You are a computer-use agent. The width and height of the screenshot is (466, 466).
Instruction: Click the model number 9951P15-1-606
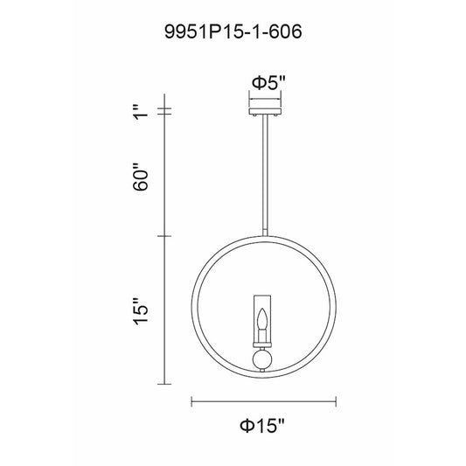point(233,31)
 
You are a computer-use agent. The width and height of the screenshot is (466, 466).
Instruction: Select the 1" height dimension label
point(141,112)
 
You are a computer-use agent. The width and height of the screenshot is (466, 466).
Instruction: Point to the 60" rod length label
point(140,177)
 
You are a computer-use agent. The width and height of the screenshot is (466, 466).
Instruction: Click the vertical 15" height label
point(140,311)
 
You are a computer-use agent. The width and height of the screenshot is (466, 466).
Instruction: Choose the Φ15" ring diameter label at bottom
point(262,426)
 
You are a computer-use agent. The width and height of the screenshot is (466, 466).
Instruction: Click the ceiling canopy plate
point(265,111)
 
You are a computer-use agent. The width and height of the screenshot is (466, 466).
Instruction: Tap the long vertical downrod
point(265,176)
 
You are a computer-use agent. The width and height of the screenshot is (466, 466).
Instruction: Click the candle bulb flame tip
point(262,310)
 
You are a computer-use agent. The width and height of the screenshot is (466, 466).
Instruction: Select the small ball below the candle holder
point(261,360)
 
